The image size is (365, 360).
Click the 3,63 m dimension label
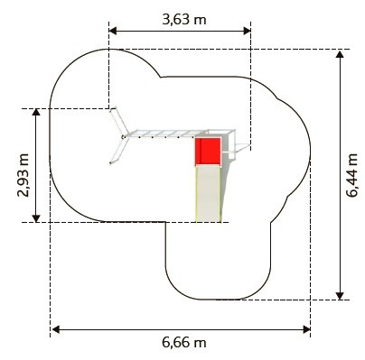[x=184, y=20]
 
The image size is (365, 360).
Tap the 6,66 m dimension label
[x=184, y=342]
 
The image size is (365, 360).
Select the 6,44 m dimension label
[x=351, y=175]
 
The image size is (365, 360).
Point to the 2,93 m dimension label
[x=23, y=175]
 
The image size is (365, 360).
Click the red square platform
[x=208, y=152]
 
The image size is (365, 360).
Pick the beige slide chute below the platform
[x=208, y=194]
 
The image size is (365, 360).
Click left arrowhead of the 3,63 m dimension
[x=113, y=31]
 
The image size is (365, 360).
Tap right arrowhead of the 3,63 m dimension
[x=247, y=31]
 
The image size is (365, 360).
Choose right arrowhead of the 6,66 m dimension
[x=306, y=329]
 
